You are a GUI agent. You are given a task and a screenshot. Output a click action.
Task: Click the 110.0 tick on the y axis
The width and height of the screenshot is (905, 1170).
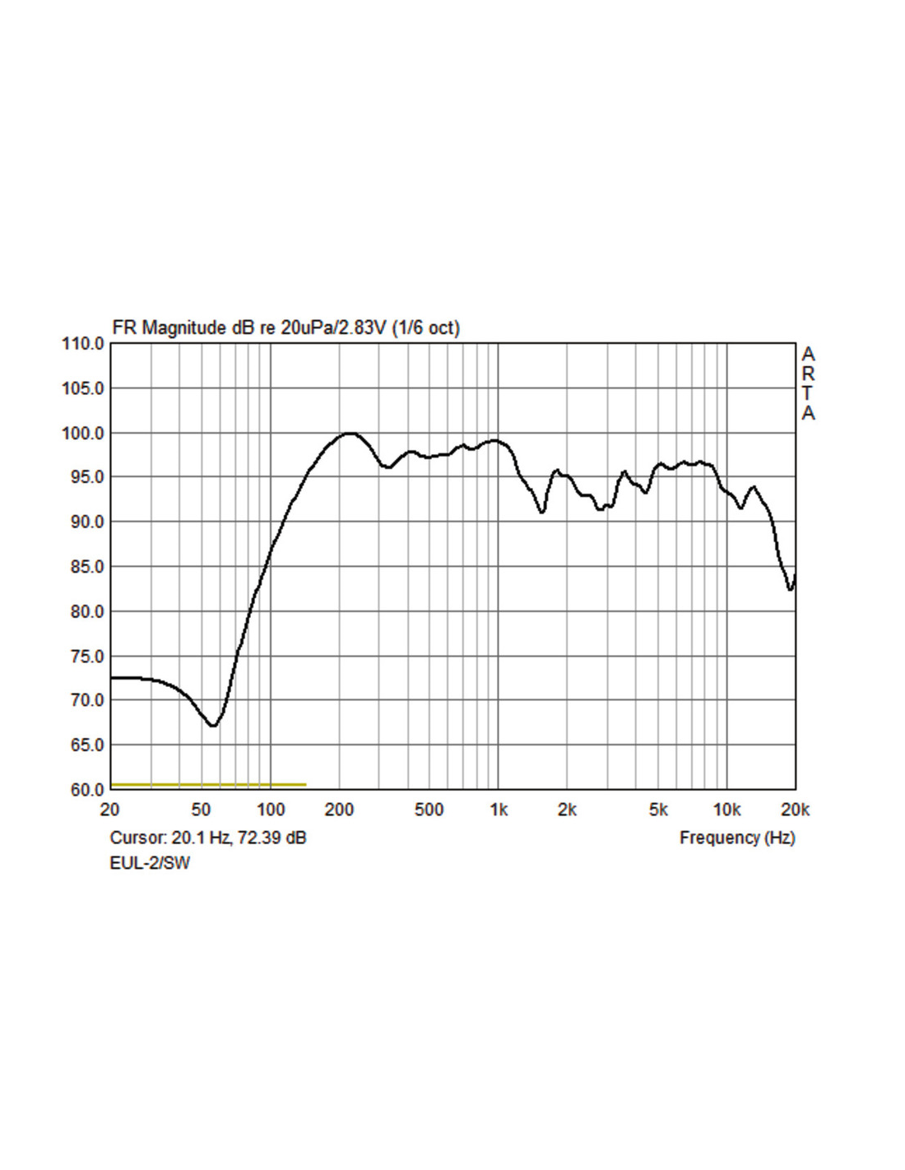(83, 344)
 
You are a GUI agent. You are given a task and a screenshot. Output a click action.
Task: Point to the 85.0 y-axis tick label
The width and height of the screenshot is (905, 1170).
(83, 567)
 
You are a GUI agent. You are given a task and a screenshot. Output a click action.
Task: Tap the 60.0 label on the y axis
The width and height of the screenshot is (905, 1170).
(83, 790)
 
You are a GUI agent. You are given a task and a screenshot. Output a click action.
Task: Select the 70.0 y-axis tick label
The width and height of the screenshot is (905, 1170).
(83, 700)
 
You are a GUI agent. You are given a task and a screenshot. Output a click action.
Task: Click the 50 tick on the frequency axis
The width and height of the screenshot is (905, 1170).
(201, 810)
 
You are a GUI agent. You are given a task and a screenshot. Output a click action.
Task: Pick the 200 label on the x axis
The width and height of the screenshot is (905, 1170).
(339, 810)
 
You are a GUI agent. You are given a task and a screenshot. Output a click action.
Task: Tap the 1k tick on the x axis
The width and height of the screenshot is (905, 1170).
(499, 810)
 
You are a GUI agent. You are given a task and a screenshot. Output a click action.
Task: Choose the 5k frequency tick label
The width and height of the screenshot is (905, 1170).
(658, 810)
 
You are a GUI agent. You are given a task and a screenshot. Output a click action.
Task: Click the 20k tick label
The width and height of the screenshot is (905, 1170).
(795, 810)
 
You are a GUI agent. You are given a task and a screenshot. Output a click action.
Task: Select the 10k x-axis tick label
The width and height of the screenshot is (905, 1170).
(726, 810)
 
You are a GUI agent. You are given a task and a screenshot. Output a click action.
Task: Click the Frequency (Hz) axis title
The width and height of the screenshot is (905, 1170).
(737, 838)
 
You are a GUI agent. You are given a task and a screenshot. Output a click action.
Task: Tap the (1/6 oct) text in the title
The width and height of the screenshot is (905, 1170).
(425, 327)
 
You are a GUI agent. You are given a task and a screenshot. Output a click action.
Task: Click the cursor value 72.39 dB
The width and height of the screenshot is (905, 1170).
(271, 838)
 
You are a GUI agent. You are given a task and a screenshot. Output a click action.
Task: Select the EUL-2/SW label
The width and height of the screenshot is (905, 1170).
(150, 863)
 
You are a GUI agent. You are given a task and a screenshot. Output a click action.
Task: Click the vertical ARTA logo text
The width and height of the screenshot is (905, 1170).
(808, 383)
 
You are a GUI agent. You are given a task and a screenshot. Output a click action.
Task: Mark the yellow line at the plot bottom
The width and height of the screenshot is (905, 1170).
(208, 785)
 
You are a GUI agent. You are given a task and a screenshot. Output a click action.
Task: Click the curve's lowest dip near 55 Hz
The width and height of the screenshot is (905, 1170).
(213, 725)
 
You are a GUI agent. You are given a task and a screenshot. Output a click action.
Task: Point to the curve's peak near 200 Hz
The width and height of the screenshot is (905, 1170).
(350, 433)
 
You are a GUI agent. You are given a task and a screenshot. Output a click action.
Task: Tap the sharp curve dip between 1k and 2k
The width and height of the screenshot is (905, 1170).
(541, 512)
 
